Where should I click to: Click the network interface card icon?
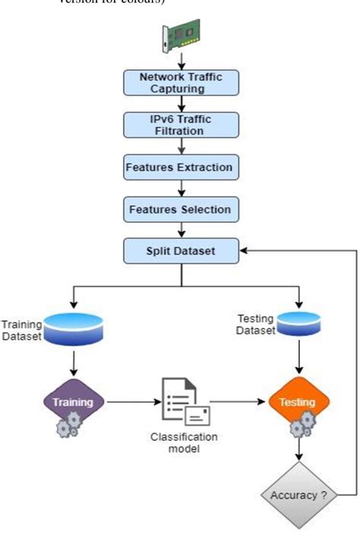coord(180,36)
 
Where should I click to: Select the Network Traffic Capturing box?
coord(181,83)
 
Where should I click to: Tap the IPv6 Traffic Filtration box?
coord(181,125)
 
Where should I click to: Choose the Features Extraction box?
coord(181,166)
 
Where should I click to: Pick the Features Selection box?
coord(181,208)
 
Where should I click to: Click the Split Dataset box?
coord(181,250)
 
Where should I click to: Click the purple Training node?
coord(74,401)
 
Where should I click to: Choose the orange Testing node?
coord(300,401)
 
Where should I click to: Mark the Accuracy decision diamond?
coord(300,496)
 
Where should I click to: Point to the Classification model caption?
coord(183,442)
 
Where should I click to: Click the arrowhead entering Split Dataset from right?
coord(242,250)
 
